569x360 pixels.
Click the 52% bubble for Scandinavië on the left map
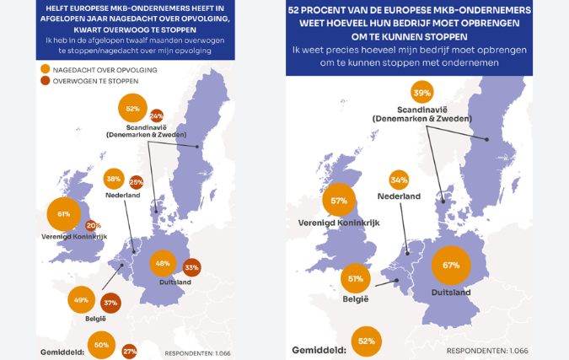[131, 109]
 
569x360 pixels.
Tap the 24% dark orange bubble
[156, 117]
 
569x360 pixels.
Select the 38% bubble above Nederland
[114, 179]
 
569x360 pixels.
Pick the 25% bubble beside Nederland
[136, 182]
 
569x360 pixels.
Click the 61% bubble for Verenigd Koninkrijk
[64, 214]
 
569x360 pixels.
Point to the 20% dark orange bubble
[93, 226]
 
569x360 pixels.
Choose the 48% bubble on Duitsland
[164, 263]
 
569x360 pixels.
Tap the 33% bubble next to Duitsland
[191, 268]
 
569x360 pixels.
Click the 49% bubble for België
[82, 300]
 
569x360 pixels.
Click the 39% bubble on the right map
[422, 93]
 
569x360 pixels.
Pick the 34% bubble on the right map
[400, 180]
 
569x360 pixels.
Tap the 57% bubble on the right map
[340, 201]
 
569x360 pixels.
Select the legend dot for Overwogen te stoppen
[44, 81]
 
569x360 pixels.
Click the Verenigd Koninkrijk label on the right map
[334, 223]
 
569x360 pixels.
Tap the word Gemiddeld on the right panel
[320, 350]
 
